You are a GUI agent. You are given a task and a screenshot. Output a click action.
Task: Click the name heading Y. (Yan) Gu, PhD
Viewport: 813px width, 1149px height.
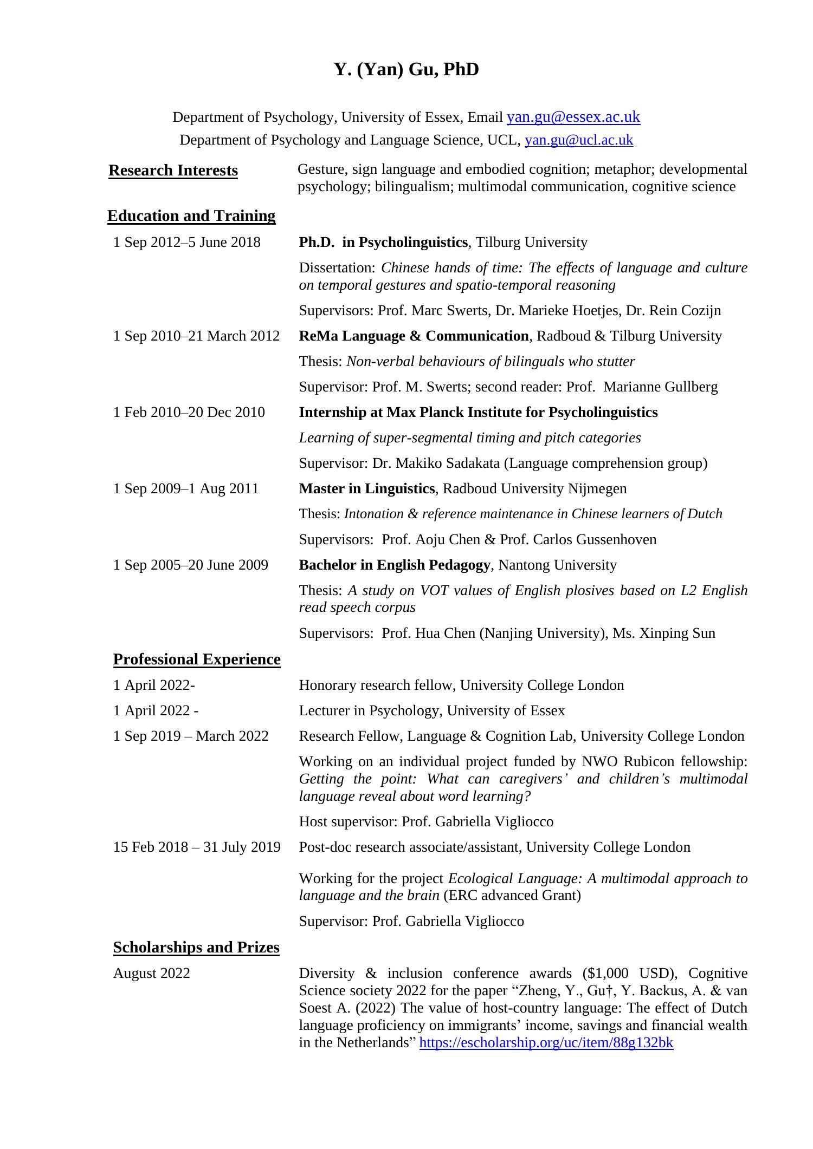tap(406, 70)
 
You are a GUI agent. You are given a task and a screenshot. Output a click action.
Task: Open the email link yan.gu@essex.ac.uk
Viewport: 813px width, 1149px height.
tap(573, 117)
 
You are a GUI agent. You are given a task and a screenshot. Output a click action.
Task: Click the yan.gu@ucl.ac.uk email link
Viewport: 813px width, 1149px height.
tap(578, 140)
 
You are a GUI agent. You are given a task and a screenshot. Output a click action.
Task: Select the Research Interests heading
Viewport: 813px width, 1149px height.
tap(173, 171)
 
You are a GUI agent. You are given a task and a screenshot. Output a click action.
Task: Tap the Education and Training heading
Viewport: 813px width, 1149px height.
tap(191, 216)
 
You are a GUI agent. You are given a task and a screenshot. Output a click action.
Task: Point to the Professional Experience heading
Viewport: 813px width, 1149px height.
tap(197, 660)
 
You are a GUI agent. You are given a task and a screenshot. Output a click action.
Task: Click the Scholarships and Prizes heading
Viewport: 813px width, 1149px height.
tap(196, 948)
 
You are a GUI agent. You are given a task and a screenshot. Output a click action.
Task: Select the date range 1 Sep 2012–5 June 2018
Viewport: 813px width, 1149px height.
tap(186, 243)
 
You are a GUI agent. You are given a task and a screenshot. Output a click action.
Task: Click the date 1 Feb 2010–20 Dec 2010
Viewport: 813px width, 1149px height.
tap(189, 413)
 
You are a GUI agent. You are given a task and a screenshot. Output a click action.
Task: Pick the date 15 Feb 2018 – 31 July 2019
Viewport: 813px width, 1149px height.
tap(197, 847)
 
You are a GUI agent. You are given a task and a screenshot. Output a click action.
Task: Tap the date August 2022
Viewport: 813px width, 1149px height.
tap(152, 974)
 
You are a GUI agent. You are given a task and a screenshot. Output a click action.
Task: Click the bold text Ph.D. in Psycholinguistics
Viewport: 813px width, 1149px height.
tap(383, 243)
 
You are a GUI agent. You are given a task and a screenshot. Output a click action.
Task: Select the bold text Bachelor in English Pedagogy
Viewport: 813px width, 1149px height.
tap(395, 565)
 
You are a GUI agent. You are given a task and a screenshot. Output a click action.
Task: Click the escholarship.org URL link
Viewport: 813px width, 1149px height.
tap(546, 1043)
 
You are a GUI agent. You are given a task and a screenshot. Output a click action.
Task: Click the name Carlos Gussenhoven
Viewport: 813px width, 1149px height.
tap(595, 540)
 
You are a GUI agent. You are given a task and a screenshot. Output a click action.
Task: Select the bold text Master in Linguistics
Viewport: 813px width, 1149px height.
tap(367, 489)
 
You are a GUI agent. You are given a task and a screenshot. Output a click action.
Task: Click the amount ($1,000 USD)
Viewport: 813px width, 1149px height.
tap(629, 974)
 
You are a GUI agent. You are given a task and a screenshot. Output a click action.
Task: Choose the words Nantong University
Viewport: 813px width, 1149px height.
tap(557, 565)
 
